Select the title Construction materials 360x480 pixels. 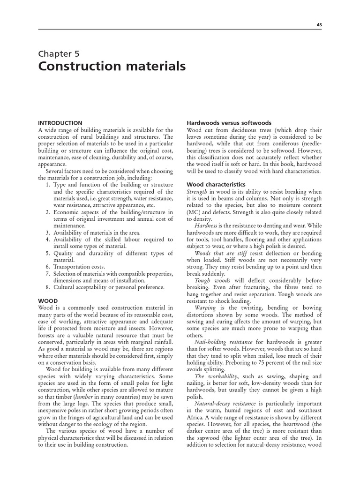click(112, 67)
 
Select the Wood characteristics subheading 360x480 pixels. click(216, 185)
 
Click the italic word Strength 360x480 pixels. click(197, 192)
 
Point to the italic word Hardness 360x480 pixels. click(207, 225)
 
